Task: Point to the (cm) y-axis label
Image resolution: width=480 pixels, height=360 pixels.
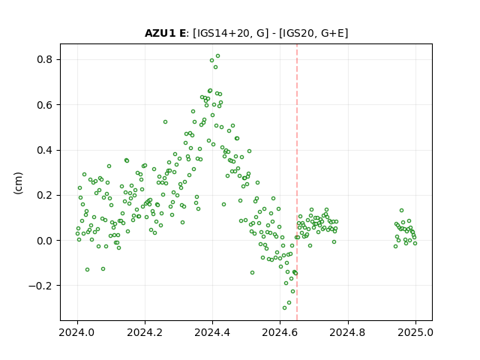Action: [x=18, y=183]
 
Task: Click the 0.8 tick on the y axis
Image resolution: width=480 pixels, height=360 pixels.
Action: [x=45, y=59]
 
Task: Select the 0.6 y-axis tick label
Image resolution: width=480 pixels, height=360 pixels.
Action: [x=45, y=105]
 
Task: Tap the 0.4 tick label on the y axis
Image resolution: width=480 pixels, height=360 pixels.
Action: [x=45, y=150]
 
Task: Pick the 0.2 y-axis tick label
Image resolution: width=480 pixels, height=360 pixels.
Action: [x=45, y=195]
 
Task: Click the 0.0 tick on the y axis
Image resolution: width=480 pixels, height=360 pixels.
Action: [x=45, y=241]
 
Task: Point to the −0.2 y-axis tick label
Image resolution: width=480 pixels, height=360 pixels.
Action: [x=40, y=286]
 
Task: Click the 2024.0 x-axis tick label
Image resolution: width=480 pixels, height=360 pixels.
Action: [x=77, y=332]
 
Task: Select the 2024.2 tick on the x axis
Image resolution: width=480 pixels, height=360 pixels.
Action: [x=145, y=332]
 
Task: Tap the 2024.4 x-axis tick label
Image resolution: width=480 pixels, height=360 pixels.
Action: [x=212, y=332]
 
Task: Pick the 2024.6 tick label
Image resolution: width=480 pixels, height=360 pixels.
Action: [x=280, y=332]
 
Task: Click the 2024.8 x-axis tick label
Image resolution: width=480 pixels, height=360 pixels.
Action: [x=348, y=332]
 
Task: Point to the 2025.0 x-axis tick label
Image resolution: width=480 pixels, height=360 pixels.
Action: [x=415, y=332]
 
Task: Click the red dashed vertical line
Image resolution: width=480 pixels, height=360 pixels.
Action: [x=297, y=182]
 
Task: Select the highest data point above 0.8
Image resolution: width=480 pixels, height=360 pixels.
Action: [x=218, y=56]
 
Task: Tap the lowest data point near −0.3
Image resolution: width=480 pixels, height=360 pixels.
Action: [x=285, y=307]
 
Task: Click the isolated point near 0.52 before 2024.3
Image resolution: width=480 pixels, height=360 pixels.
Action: [x=165, y=121]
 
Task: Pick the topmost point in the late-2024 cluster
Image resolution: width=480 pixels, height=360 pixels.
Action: [x=402, y=210]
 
